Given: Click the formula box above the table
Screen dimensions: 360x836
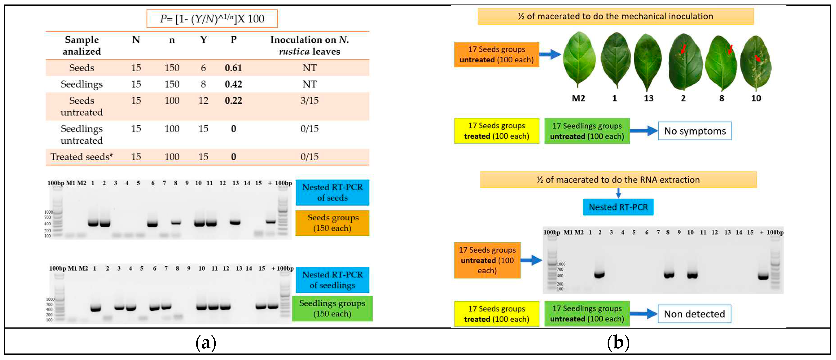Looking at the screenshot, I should click(212, 19).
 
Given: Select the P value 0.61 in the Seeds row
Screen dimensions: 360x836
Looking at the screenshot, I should click(233, 68).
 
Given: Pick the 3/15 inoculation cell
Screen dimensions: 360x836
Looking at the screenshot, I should click(309, 101).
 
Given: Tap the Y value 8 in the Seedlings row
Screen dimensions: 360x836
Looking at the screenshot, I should click(203, 84).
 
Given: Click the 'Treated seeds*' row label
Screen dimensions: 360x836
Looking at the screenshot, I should click(81, 157).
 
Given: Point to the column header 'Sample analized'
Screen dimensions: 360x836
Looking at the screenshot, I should click(81, 45).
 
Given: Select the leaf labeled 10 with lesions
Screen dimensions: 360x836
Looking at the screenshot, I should click(756, 63).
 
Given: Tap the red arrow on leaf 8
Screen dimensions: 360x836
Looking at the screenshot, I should click(730, 49).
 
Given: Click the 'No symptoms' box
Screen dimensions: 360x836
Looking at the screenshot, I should click(694, 131).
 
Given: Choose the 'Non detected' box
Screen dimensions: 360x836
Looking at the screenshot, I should click(694, 314).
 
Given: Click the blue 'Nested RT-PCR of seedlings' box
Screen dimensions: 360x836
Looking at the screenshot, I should click(332, 280).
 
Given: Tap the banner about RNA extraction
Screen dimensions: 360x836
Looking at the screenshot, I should click(618, 180).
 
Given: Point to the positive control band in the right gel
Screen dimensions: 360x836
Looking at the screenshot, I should click(763, 277).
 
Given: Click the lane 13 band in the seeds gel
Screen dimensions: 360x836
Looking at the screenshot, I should click(235, 223).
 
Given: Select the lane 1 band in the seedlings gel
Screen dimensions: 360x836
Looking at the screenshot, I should click(95, 309).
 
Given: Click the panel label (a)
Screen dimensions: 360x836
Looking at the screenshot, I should click(206, 342).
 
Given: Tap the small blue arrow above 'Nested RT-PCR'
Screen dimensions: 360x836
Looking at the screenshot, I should click(618, 193).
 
